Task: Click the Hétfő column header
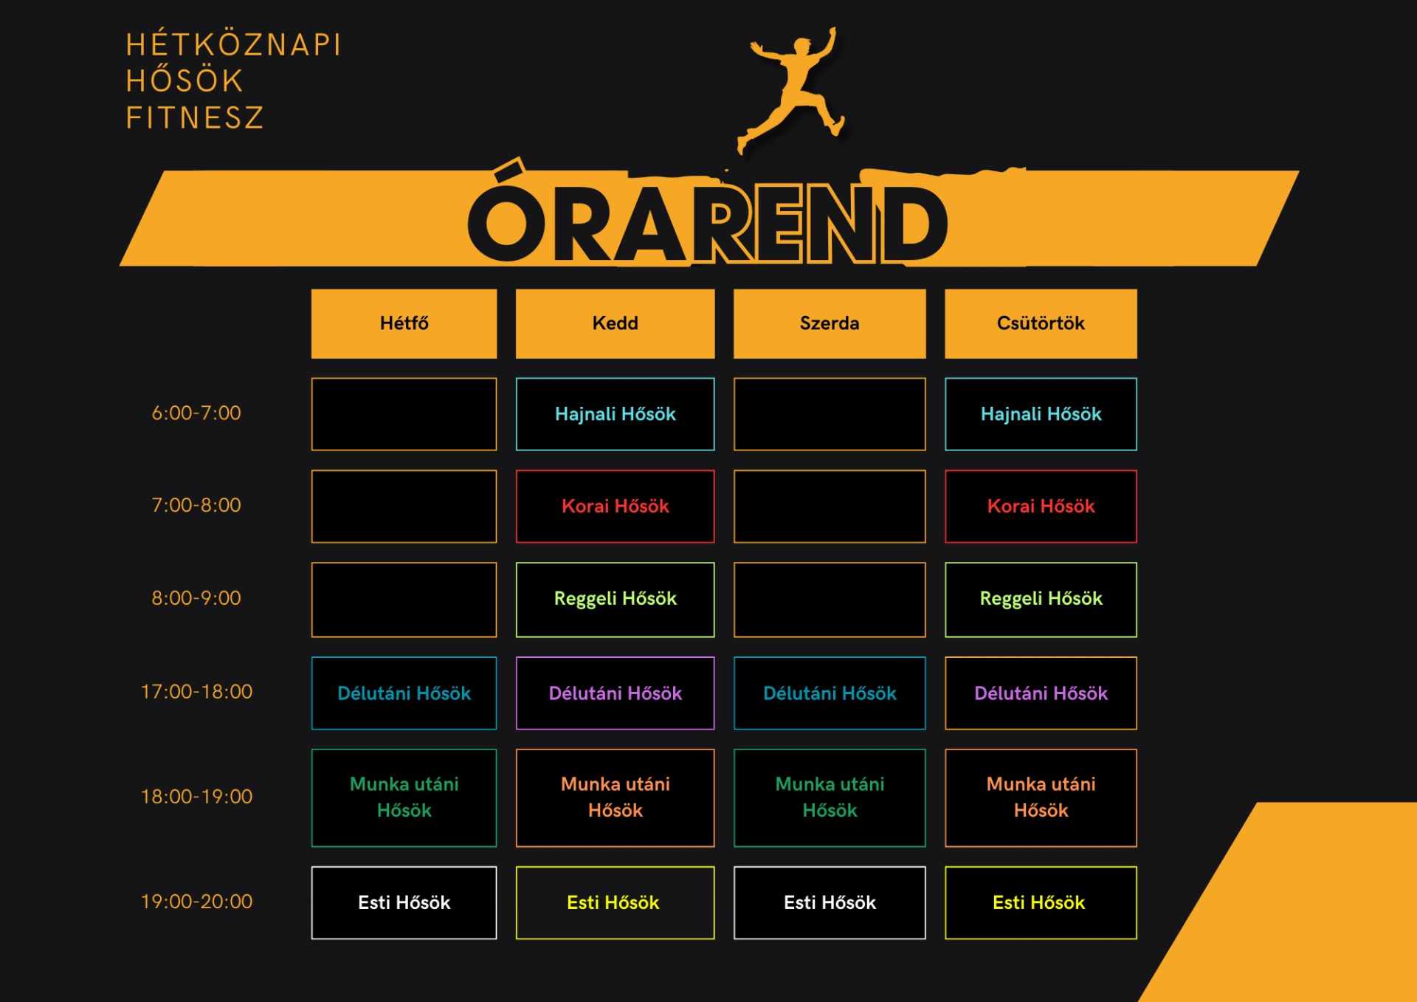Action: click(404, 323)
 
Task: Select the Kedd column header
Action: click(615, 323)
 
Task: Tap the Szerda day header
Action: click(830, 323)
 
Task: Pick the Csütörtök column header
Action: click(1041, 323)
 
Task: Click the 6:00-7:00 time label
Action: click(196, 413)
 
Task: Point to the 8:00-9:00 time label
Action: click(196, 597)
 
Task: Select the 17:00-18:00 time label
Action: click(196, 691)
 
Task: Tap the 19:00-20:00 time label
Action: click(196, 901)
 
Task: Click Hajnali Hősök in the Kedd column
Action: click(615, 414)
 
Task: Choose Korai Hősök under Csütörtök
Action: click(1041, 507)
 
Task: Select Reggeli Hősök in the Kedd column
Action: click(615, 600)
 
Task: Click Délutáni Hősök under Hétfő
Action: click(404, 693)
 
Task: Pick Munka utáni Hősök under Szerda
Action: click(830, 797)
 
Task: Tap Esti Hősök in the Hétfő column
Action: click(404, 902)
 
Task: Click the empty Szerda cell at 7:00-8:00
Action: click(830, 507)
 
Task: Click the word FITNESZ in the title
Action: click(195, 118)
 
